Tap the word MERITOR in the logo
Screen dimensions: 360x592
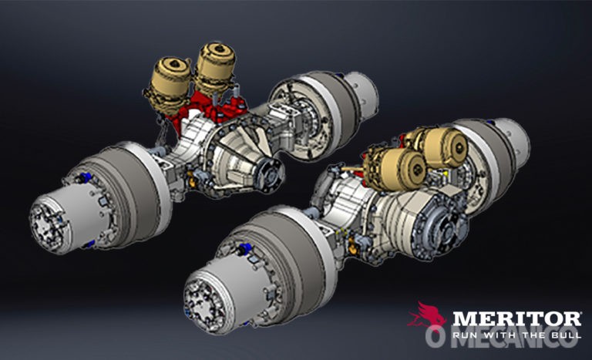(x=516, y=318)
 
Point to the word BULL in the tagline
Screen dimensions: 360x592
(x=563, y=335)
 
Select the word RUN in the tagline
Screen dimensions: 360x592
(x=464, y=335)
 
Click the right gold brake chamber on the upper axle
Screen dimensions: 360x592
(x=215, y=69)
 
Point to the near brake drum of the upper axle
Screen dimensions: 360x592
(x=123, y=189)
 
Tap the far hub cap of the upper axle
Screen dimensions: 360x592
(x=361, y=93)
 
